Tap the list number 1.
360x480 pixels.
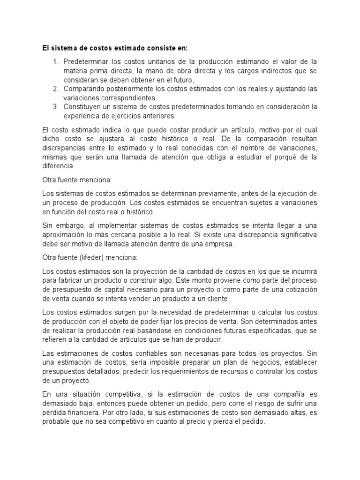click(55, 62)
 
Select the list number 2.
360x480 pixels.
click(55, 89)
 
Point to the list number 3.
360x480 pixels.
click(55, 106)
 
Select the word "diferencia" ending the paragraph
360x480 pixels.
click(58, 166)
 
